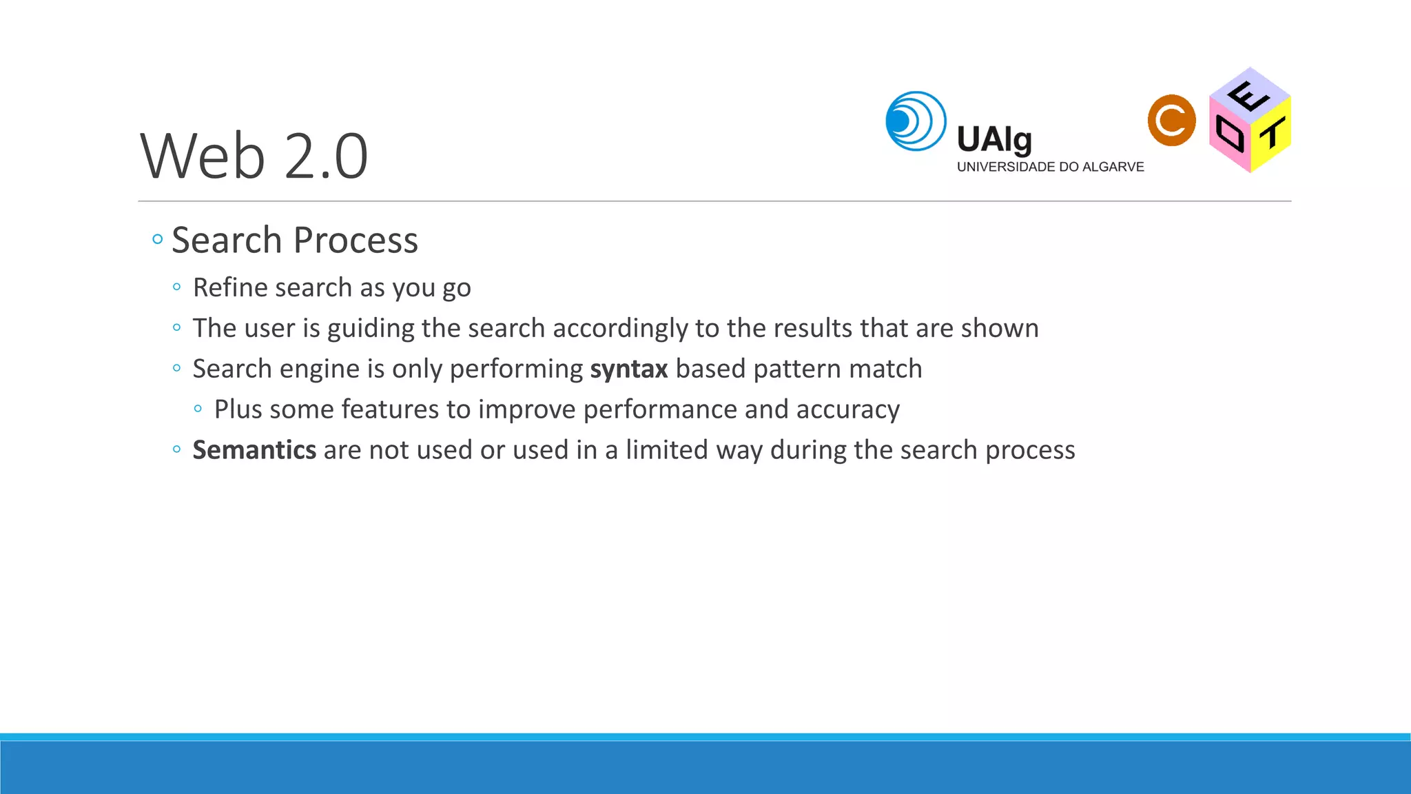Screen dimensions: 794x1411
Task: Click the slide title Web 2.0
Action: (x=254, y=156)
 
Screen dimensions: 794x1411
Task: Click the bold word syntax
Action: (x=628, y=369)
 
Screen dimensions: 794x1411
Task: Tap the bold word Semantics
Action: (x=254, y=450)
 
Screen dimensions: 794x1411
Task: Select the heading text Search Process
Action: (x=294, y=241)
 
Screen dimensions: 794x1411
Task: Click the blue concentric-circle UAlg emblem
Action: (x=916, y=121)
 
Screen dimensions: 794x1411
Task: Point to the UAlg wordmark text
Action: (x=993, y=140)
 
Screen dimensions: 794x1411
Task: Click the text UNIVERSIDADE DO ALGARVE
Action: (x=1049, y=167)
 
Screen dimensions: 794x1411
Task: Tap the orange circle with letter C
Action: (x=1171, y=121)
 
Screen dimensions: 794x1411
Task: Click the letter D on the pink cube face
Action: (x=1229, y=134)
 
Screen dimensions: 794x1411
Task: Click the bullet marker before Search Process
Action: (x=158, y=240)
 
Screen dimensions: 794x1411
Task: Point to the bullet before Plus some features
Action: (x=198, y=409)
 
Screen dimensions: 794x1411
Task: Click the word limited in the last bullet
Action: (x=666, y=450)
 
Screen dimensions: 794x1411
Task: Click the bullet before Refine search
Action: (x=177, y=287)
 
